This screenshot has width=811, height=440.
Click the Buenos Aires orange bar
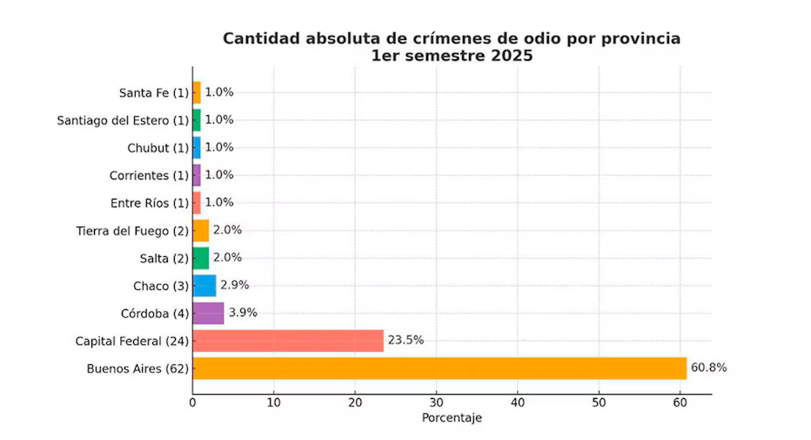[x=439, y=368]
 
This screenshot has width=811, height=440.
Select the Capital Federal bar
[x=288, y=341]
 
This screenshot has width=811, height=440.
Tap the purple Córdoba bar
[x=208, y=313]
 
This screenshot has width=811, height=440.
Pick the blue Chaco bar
[x=204, y=285]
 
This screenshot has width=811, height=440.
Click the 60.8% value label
[x=708, y=368]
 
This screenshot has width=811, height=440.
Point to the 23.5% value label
[x=405, y=341]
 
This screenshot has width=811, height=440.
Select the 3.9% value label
[x=243, y=313]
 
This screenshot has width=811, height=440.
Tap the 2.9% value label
[x=235, y=285]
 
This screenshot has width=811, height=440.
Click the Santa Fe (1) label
[x=153, y=92]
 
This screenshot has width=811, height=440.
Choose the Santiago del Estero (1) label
[x=122, y=120]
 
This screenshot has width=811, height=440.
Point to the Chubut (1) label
[x=158, y=148]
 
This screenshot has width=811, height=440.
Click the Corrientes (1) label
[x=149, y=176]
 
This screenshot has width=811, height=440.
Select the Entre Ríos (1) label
[x=150, y=203]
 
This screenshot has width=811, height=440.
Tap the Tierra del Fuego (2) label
[x=132, y=231]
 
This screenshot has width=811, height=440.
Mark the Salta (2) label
[x=164, y=258]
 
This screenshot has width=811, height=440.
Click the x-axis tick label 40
[x=518, y=403]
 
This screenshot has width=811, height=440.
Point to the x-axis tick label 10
[x=274, y=403]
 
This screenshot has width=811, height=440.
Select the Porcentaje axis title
[x=452, y=418]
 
